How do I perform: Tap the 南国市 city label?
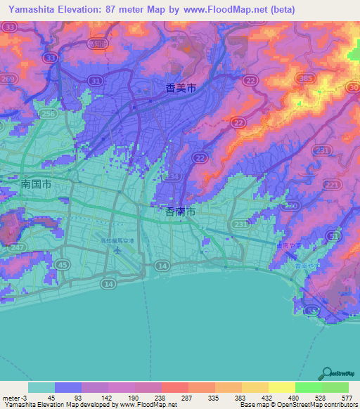[35, 183]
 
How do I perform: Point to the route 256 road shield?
[46, 113]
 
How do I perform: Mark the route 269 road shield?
[8, 79]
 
